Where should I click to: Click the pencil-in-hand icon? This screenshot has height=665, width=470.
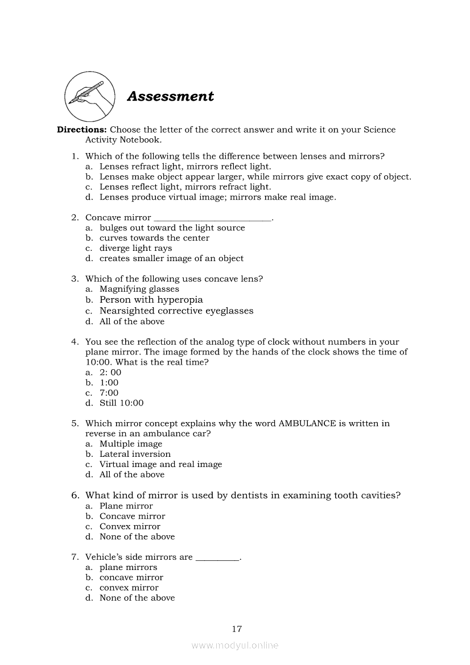click(x=88, y=95)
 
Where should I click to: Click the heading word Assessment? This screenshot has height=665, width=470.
click(x=170, y=96)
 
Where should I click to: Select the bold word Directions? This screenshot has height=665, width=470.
click(x=82, y=130)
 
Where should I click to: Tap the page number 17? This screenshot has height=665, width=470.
click(x=237, y=629)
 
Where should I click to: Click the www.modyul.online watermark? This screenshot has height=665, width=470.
click(x=235, y=645)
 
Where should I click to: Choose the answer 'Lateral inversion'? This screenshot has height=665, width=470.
click(x=135, y=454)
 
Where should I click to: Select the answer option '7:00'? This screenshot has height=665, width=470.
click(x=109, y=393)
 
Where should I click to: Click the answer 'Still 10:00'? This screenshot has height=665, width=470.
click(x=121, y=403)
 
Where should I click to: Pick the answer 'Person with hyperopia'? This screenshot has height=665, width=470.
click(x=151, y=300)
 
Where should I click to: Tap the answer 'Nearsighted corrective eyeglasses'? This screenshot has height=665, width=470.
click(x=176, y=311)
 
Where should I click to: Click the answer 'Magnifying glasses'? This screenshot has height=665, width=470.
click(x=139, y=289)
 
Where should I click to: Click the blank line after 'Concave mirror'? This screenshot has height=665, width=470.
click(x=213, y=218)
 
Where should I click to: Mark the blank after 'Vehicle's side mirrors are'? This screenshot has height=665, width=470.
click(x=217, y=557)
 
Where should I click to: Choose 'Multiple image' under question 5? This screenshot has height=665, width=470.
click(x=131, y=444)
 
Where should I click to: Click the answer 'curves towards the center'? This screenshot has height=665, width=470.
click(x=154, y=238)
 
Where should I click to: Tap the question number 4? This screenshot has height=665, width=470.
click(x=75, y=342)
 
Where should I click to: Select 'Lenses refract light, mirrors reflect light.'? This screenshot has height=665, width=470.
click(x=185, y=167)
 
